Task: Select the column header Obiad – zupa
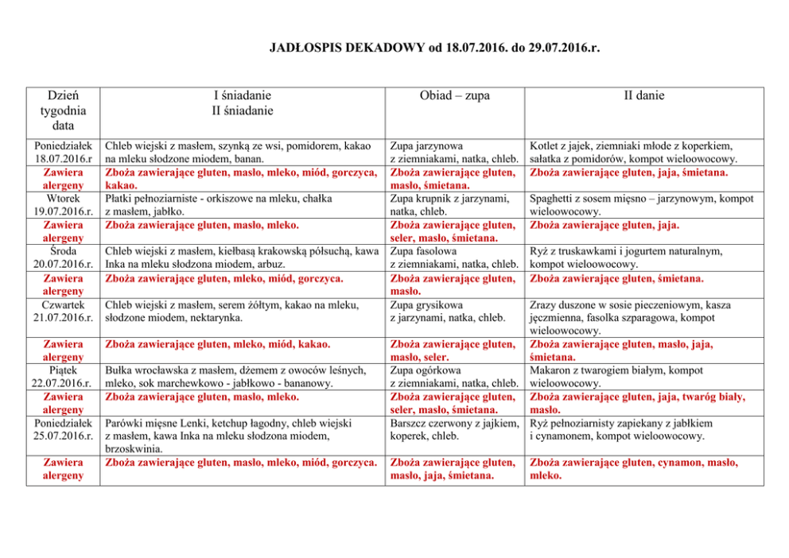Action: point(454,96)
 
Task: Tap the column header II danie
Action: point(643,96)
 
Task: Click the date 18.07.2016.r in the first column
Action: point(60,159)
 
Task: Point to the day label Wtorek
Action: point(60,198)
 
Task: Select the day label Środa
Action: point(60,251)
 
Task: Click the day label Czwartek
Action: point(60,304)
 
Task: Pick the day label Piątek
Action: point(60,370)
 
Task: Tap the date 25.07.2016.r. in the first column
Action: point(60,436)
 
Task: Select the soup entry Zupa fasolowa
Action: point(422,251)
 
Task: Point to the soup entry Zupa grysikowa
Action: point(426,304)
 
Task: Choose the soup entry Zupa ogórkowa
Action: point(422,370)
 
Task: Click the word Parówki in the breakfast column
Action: point(125,424)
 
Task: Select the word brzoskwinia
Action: point(136,449)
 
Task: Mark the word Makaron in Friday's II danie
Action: point(551,370)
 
